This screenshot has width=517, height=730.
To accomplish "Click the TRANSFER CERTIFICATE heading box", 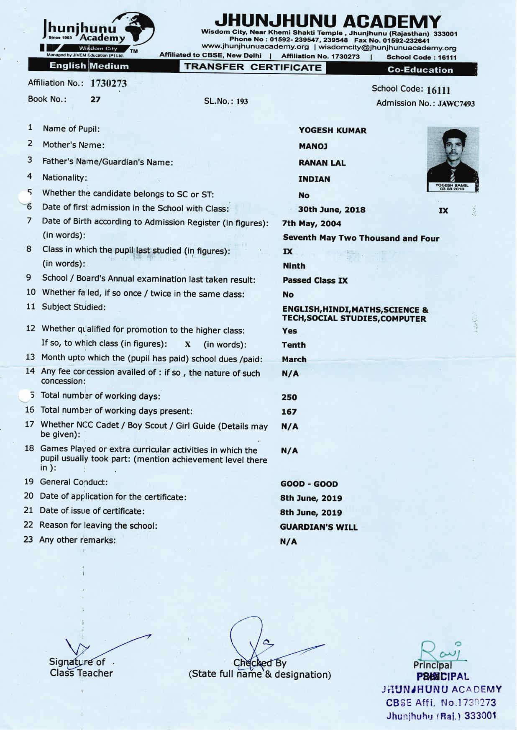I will (x=253, y=67).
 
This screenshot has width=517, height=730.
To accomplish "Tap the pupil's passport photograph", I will (x=453, y=159).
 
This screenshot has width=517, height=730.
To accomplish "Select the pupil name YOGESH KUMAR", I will (x=333, y=131).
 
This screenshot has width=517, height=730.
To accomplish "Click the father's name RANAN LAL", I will (x=322, y=163).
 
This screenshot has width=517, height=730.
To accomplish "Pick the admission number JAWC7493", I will (x=456, y=104).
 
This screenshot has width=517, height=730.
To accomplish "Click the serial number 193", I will (x=242, y=102).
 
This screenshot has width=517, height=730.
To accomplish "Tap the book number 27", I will (x=95, y=100).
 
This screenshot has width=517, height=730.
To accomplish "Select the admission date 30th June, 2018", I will (x=332, y=210).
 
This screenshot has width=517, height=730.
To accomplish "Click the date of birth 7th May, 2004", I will (x=312, y=224).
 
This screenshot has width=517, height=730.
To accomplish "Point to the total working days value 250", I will (x=289, y=397).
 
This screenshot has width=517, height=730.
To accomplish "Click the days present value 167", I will (x=289, y=412).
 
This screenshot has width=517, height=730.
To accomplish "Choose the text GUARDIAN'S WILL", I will (x=319, y=528).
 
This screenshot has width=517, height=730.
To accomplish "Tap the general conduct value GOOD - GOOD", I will (x=309, y=484).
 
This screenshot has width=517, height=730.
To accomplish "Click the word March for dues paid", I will (x=294, y=360).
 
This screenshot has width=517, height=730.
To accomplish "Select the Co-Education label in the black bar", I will (x=420, y=70).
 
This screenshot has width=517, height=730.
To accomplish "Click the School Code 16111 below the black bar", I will (x=438, y=90).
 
